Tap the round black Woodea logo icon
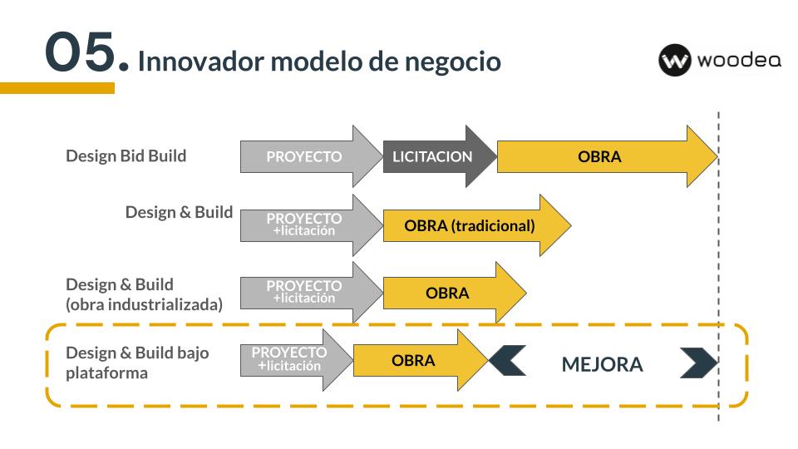pos(674,60)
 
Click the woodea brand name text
pos(739,60)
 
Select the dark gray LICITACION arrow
pos(439,156)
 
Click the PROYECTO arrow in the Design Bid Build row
pos(311,156)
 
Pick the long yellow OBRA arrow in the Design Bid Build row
pos(607,156)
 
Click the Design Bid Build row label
pos(126,155)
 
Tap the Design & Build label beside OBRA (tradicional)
pos(180,212)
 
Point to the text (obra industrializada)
pos(144,304)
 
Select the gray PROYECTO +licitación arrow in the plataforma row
pos(296,360)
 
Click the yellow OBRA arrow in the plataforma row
pos(421,360)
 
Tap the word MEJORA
pos(602,364)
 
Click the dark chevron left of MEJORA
pos(508,360)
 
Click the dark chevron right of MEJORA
pos(699,363)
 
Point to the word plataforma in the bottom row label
pos(107,373)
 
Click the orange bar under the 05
pos(57,88)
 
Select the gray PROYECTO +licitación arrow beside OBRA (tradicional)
pos(311,225)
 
